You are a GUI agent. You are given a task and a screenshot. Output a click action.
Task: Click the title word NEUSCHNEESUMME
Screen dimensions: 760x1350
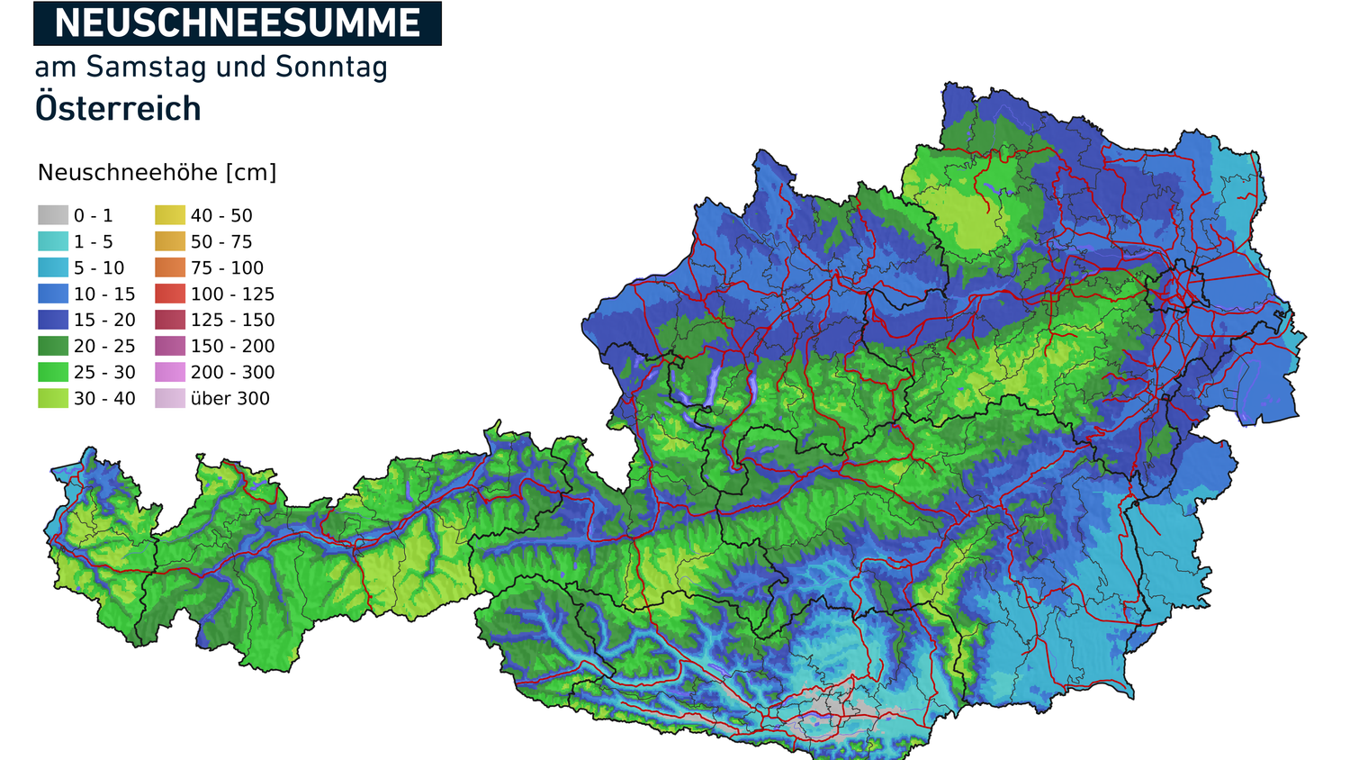tap(237, 23)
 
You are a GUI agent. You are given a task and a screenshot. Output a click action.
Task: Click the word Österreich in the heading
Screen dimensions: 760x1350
tap(118, 109)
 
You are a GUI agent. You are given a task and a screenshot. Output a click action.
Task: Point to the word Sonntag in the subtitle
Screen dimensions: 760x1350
tap(331, 68)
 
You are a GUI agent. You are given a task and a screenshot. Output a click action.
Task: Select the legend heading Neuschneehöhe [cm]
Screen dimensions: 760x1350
tap(157, 173)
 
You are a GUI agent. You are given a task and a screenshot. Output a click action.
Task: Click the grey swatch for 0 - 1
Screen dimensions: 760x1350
tap(52, 215)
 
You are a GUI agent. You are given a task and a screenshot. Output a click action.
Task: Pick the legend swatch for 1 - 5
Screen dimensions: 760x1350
tap(52, 241)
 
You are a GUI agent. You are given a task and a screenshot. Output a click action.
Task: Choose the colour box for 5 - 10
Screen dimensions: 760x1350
tap(52, 267)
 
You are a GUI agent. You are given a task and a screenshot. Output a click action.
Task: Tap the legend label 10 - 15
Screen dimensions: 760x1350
tap(104, 294)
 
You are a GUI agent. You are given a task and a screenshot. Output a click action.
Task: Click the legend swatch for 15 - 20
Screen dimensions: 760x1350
tap(52, 320)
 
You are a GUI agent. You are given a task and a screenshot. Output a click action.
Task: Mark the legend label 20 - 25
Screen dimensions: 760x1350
tap(104, 347)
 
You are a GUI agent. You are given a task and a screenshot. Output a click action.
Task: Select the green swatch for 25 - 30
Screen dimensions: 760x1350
tap(52, 372)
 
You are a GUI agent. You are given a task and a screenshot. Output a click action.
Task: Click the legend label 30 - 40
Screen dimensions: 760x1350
tap(104, 399)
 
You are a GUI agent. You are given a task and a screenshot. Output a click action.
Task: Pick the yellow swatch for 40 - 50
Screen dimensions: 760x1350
tap(169, 215)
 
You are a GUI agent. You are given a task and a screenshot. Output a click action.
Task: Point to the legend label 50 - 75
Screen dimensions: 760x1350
tap(221, 242)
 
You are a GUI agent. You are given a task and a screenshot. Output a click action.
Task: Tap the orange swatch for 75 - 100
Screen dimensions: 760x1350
tap(169, 267)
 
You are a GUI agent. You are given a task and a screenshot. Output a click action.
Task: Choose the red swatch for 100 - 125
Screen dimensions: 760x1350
tap(169, 294)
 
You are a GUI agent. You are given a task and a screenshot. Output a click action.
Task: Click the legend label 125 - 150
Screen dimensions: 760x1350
tap(232, 321)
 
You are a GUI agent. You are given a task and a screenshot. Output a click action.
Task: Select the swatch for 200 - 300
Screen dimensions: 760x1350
tap(169, 372)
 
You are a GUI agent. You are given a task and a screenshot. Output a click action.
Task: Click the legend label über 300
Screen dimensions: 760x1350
tap(229, 399)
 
